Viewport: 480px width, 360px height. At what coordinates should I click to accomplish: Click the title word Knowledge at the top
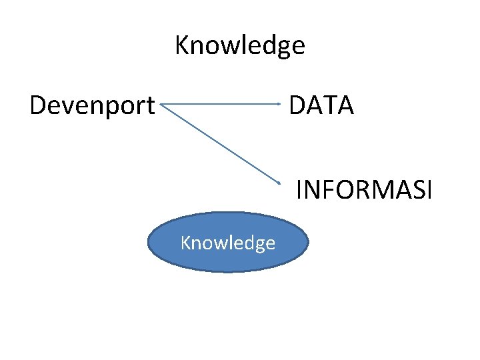239,46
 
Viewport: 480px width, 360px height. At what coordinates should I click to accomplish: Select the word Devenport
92,105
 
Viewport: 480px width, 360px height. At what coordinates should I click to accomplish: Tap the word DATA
321,105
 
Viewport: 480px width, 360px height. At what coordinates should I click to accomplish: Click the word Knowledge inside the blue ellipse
227,243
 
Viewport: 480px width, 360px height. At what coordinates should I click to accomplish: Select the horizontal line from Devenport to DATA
220,104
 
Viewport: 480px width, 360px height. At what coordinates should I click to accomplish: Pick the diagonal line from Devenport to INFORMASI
220,143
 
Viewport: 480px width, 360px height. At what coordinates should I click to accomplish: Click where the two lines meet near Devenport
162,105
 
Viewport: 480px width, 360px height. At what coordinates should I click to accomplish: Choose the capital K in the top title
182,45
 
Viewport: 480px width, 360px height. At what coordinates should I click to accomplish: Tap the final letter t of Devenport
150,105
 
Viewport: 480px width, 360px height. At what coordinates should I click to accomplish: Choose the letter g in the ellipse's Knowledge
259,245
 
